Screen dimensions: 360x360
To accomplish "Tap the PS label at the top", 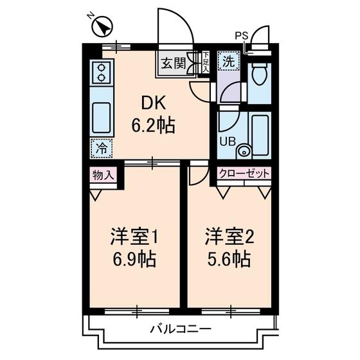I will pyautogui.click(x=241, y=35).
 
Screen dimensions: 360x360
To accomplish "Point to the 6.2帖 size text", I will pyautogui.click(x=153, y=125).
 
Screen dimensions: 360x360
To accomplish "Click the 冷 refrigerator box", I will pyautogui.click(x=101, y=147).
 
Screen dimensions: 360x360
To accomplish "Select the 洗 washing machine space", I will pyautogui.click(x=228, y=62).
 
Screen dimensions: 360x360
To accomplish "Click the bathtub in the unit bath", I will pyautogui.click(x=260, y=134).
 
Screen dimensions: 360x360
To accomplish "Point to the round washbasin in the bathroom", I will pyautogui.click(x=244, y=151).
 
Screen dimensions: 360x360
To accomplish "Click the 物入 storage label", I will pyautogui.click(x=103, y=174).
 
